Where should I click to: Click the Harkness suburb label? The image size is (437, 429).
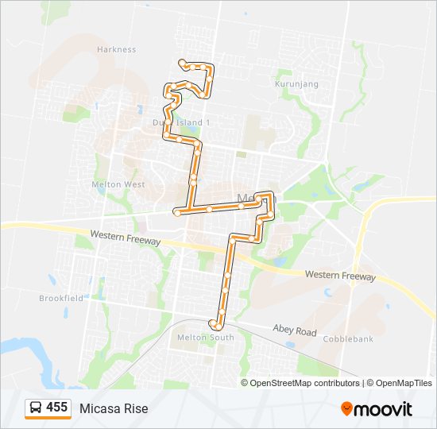(x=117, y=49)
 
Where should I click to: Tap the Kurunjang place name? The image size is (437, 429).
(x=296, y=83)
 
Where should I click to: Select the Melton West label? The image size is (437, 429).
(x=122, y=184)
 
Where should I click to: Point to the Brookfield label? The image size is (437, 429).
(x=61, y=298)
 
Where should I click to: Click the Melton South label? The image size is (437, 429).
(x=205, y=338)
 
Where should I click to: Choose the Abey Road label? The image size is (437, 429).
(x=294, y=330)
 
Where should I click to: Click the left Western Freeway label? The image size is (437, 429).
(x=126, y=238)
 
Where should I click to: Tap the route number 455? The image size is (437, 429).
(x=56, y=408)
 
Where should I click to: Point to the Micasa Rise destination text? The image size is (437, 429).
(x=114, y=408)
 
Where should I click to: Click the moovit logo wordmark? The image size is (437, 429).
(x=384, y=409)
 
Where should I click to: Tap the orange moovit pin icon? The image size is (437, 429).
(x=346, y=408)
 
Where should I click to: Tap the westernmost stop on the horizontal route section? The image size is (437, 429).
(x=176, y=212)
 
